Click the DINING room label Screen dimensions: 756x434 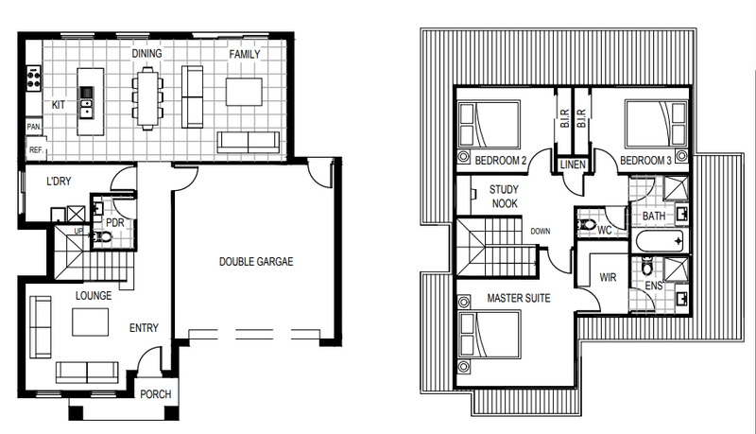click(x=147, y=54)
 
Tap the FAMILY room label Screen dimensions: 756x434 click(x=245, y=55)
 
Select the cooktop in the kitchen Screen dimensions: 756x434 click(x=34, y=78)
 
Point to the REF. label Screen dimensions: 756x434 click(x=36, y=150)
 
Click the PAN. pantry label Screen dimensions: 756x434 click(x=34, y=127)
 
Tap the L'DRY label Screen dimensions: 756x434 click(x=59, y=182)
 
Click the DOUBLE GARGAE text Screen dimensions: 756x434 click(x=256, y=262)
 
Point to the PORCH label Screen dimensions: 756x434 click(x=155, y=394)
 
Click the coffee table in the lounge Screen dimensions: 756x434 click(x=90, y=321)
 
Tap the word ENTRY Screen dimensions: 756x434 click(x=144, y=328)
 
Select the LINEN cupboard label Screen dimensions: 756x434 click(x=573, y=165)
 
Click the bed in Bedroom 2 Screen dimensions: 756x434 click(x=489, y=125)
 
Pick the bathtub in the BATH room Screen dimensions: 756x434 click(x=661, y=241)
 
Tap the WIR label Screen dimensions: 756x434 click(x=608, y=277)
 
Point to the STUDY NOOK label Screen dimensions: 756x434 click(x=505, y=197)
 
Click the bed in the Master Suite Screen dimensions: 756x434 click(x=489, y=335)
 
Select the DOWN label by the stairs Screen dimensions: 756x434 click(x=540, y=231)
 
